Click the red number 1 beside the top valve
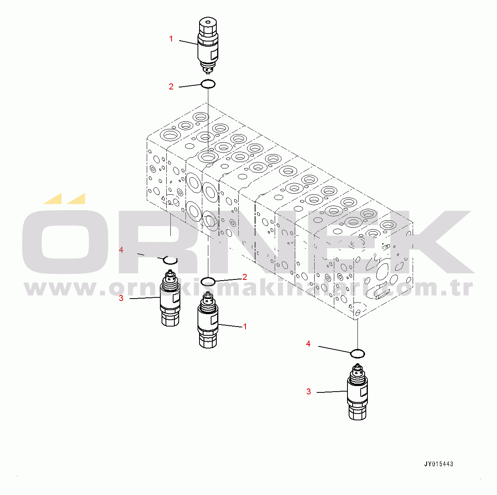pyautogui.click(x=171, y=39)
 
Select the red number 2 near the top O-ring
pyautogui.click(x=171, y=86)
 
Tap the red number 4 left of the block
pyautogui.click(x=121, y=250)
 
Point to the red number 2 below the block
pyautogui.click(x=245, y=277)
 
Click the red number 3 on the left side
pyautogui.click(x=121, y=298)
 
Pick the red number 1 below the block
pyautogui.click(x=245, y=327)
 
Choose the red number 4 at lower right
pyautogui.click(x=308, y=344)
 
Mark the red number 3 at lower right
pyautogui.click(x=309, y=392)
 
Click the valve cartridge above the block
pyautogui.click(x=208, y=46)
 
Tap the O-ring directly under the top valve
pyautogui.click(x=208, y=84)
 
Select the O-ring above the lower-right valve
pyautogui.click(x=357, y=353)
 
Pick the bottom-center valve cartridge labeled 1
pyautogui.click(x=208, y=321)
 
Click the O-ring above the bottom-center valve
pyautogui.click(x=208, y=281)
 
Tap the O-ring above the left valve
pyautogui.click(x=170, y=260)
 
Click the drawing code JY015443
pyautogui.click(x=439, y=464)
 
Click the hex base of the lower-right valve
pyautogui.click(x=357, y=412)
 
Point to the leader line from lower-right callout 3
pyautogui.click(x=332, y=392)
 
